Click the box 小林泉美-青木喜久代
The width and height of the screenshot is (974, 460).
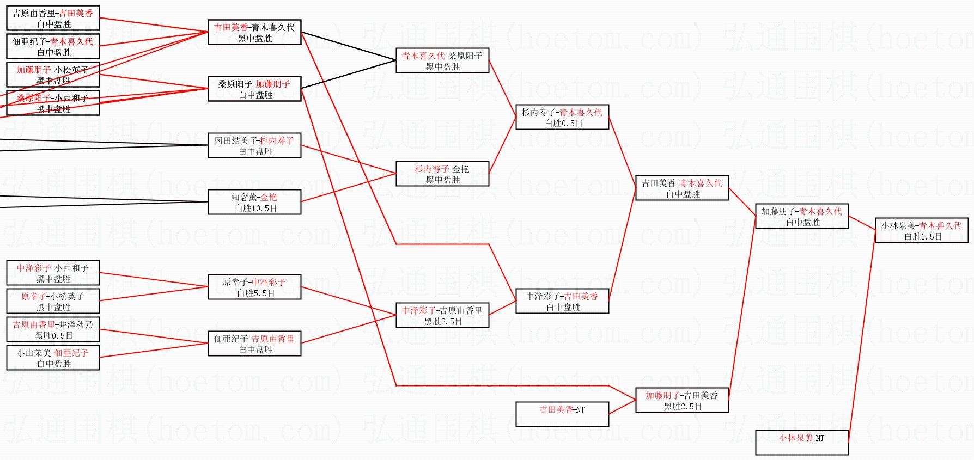click(x=921, y=230)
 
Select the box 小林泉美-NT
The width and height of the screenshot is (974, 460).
click(x=801, y=442)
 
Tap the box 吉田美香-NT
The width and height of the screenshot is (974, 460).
click(x=562, y=414)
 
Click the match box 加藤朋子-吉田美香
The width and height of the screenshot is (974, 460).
click(x=681, y=400)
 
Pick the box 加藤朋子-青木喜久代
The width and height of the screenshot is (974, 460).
click(x=801, y=216)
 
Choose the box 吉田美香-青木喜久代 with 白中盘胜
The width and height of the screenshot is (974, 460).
click(x=681, y=188)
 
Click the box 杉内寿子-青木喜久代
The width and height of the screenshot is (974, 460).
click(x=562, y=117)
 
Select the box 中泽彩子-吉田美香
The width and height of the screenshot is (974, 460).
click(x=562, y=301)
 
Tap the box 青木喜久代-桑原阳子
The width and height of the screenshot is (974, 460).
click(x=442, y=60)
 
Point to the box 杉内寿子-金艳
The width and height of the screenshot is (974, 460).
click(x=442, y=174)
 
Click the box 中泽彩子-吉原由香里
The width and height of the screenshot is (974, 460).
click(x=442, y=315)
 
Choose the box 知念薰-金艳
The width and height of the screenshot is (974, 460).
click(x=254, y=202)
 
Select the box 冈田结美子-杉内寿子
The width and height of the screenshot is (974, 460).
click(x=254, y=145)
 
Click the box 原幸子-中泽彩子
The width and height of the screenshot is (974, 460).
click(x=254, y=287)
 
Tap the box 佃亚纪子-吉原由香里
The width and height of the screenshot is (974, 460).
click(x=254, y=344)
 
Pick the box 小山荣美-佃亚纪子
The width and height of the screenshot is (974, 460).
click(x=53, y=358)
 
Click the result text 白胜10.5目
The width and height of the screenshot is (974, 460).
click(x=255, y=208)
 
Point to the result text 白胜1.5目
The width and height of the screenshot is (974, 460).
click(x=923, y=237)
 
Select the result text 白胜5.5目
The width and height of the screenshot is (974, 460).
click(x=255, y=293)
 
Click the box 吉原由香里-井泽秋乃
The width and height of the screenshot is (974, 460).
click(x=53, y=329)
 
